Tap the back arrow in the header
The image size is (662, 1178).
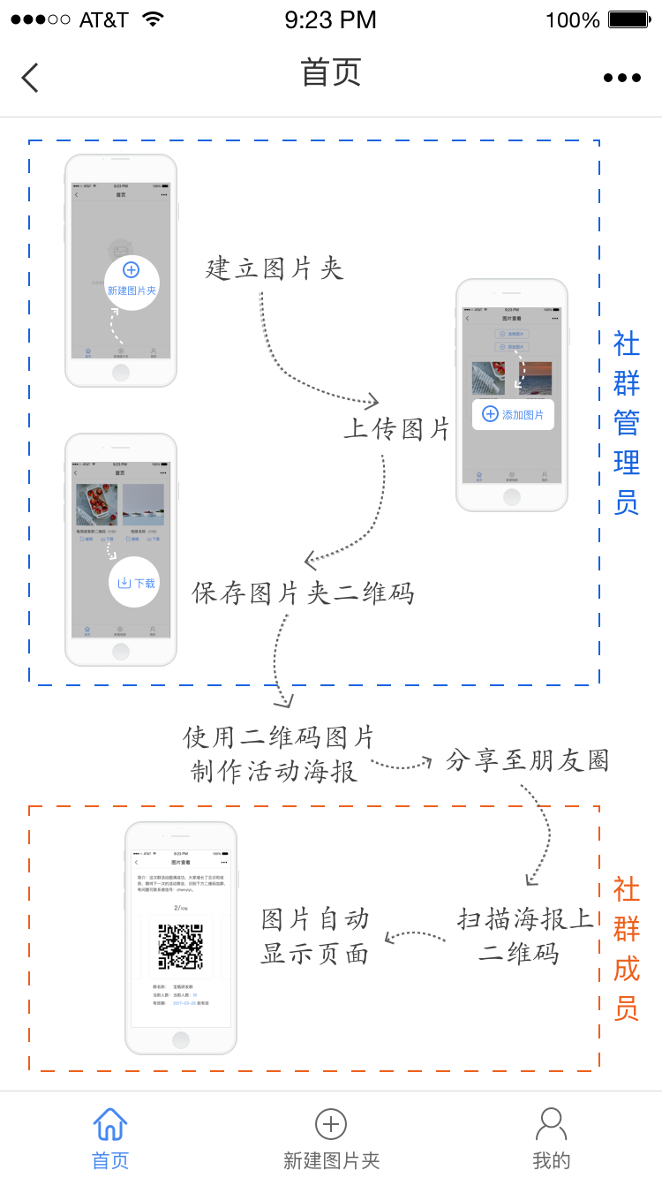[x=30, y=78]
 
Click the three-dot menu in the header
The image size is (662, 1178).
[x=622, y=78]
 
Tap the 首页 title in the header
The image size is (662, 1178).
[x=331, y=72]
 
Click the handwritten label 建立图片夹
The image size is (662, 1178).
[x=275, y=268]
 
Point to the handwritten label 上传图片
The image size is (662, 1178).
[x=397, y=429]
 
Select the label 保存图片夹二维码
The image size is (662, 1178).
[x=303, y=593]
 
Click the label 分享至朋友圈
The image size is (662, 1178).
[x=528, y=760]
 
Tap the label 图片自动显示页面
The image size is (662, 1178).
[x=315, y=937]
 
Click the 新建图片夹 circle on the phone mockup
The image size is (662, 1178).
[x=132, y=282]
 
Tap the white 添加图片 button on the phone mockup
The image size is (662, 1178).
[x=513, y=414]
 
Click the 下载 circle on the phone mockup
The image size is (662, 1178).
[x=135, y=582]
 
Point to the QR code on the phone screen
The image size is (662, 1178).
[x=180, y=947]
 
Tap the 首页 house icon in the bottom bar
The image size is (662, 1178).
[x=110, y=1124]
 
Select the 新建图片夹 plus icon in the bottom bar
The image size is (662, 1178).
[x=331, y=1124]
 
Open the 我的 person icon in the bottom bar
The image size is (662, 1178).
[x=552, y=1123]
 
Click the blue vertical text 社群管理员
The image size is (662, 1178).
[x=627, y=423]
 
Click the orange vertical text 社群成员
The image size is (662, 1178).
[x=627, y=948]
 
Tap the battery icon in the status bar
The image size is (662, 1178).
[x=628, y=19]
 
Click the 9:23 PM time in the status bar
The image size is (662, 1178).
[x=331, y=19]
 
